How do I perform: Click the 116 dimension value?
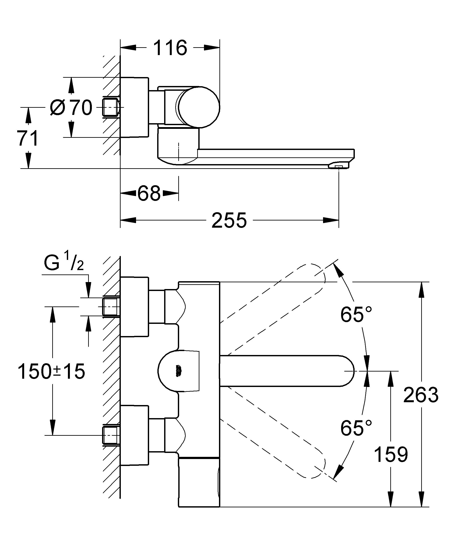coord(170,48)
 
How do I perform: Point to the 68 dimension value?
coord(149,193)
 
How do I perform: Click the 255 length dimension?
coord(229,220)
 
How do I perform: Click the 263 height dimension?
coord(421,395)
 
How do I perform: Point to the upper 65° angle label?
coord(356,315)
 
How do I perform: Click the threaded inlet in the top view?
coord(111,107)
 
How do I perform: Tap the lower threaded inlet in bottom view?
coord(111,435)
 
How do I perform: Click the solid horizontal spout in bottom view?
coord(286,371)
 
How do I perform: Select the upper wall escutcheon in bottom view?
coord(134,306)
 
